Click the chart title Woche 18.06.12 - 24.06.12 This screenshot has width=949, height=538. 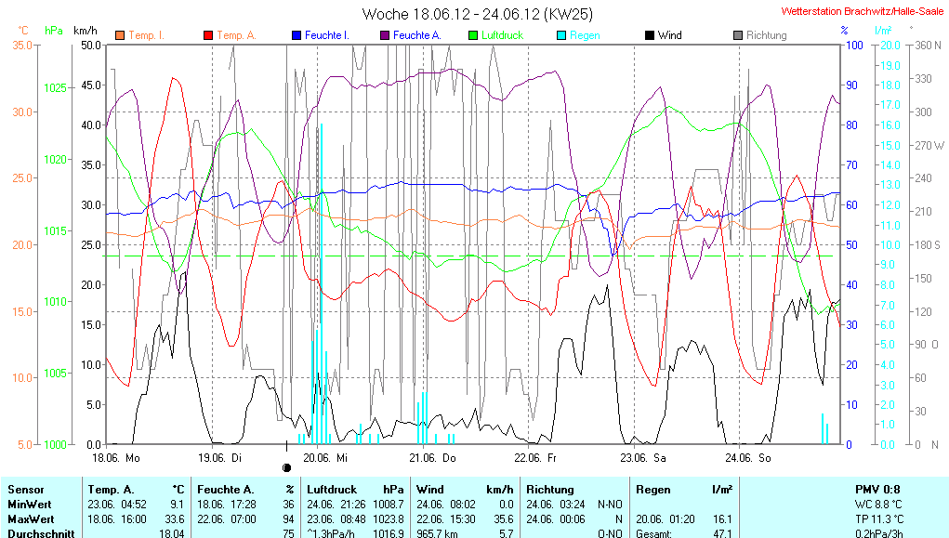coord(477,14)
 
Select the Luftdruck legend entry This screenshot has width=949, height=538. coord(502,35)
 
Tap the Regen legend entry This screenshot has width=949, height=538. coord(585,35)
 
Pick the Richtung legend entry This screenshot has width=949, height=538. coord(766,35)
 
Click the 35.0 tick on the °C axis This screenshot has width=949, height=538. coord(23,45)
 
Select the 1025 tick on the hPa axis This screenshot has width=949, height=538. coord(56,88)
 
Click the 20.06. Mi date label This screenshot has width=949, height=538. coord(330,458)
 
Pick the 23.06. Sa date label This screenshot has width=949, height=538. coord(647,458)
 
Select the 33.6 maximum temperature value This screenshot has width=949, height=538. coord(174,518)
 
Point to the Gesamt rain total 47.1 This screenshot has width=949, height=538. coord(721,533)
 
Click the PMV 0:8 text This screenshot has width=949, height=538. coord(877,489)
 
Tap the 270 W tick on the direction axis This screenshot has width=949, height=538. coord(930,145)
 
